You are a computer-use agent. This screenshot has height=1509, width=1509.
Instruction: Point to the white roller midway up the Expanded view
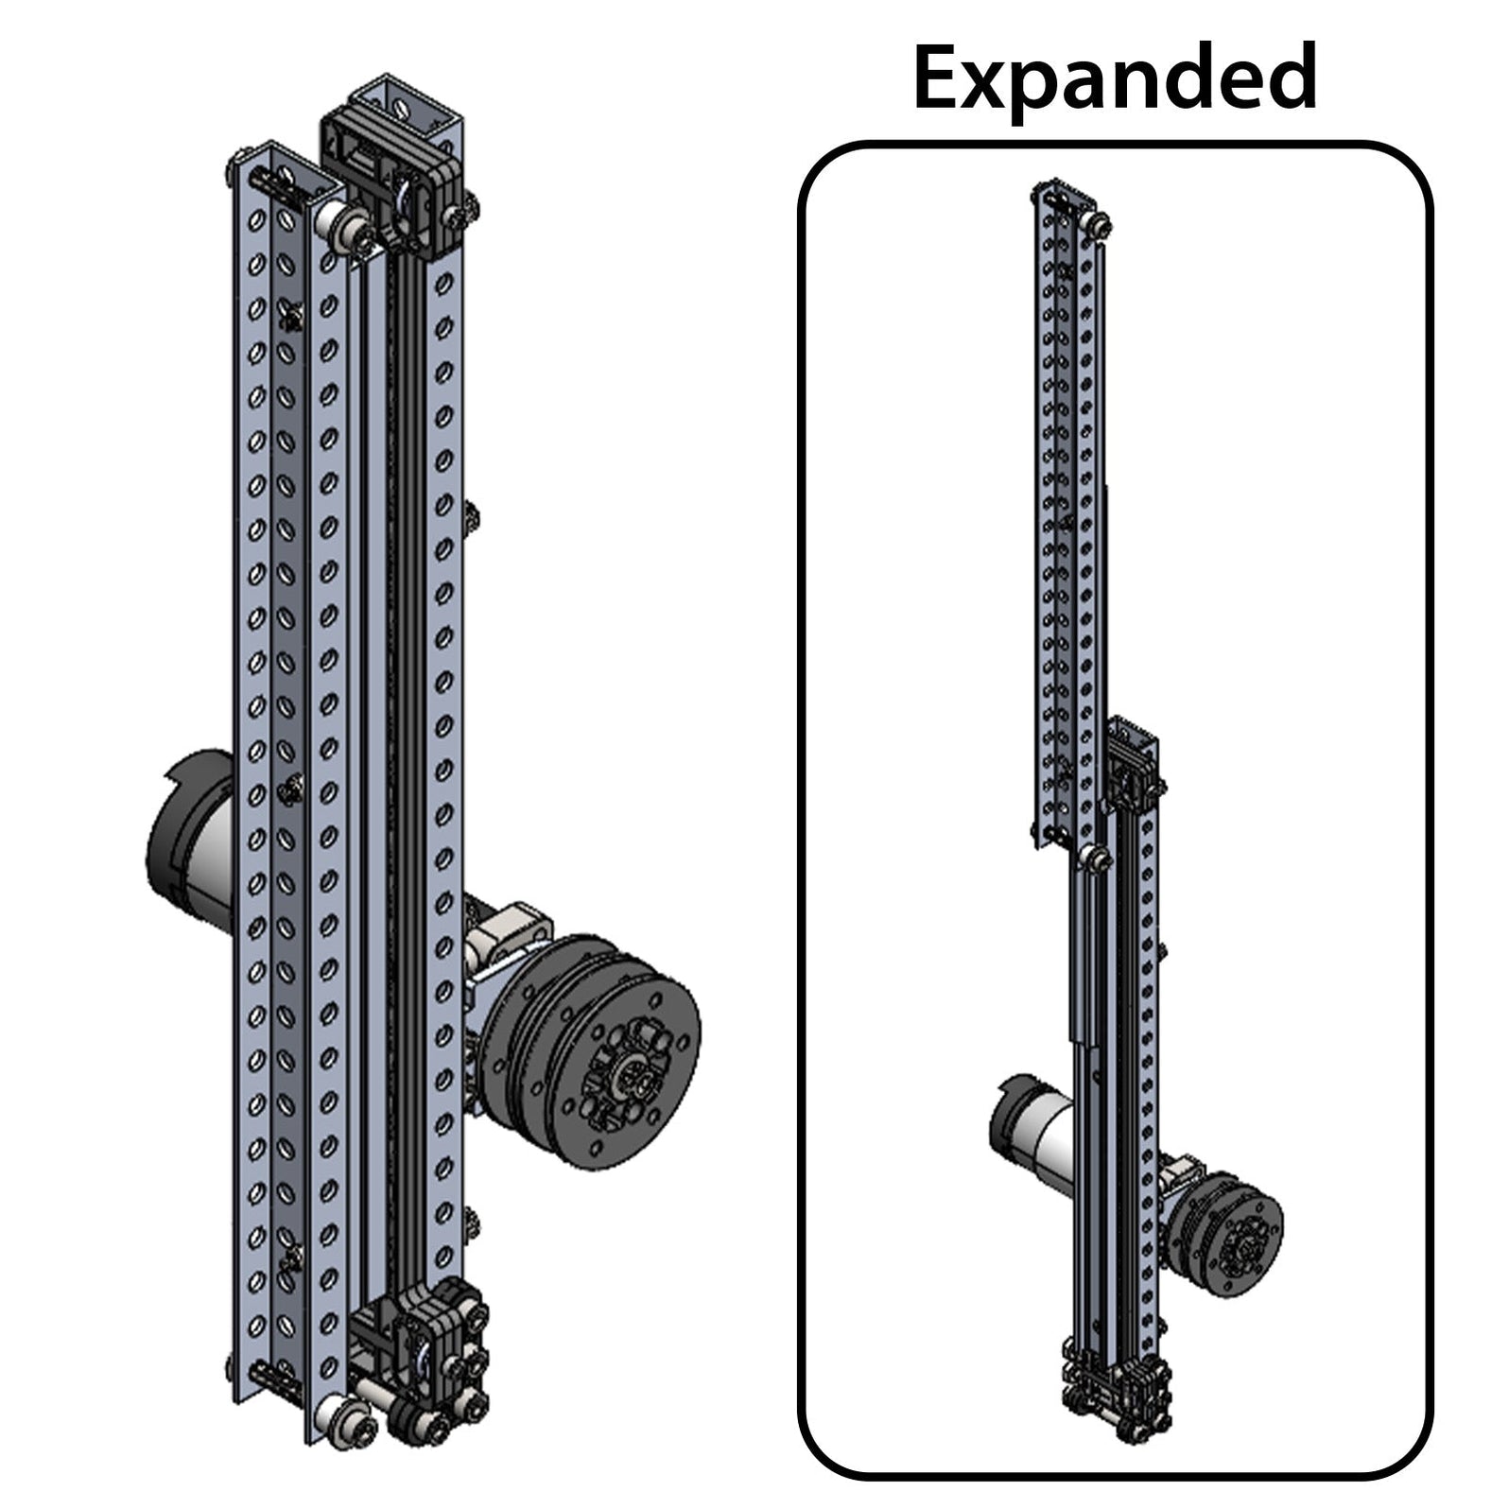coord(1095,859)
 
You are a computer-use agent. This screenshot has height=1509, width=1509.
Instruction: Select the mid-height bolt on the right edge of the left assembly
coord(470,517)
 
